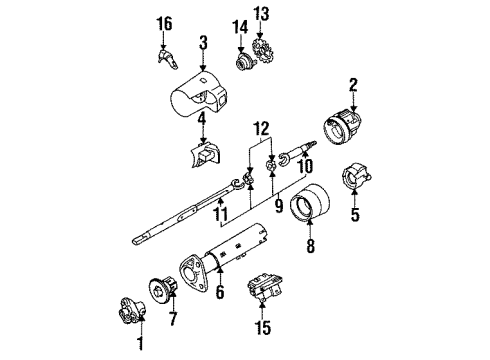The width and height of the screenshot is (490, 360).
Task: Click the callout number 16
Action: tap(166, 21)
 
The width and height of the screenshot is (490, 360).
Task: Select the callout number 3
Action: tap(203, 43)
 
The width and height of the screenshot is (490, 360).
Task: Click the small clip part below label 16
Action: tap(167, 59)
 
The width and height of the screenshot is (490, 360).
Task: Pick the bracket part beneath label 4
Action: tap(205, 157)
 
